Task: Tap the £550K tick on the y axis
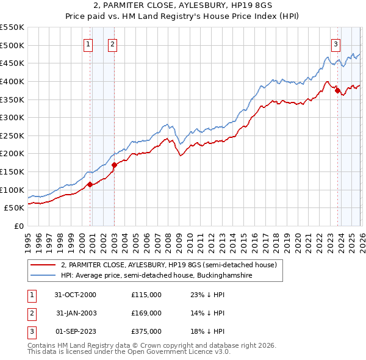tap(12, 27)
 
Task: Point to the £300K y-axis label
tap(12, 117)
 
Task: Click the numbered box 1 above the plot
tap(88, 43)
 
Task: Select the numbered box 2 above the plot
tap(113, 43)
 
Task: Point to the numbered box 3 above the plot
tap(336, 43)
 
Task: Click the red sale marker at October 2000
tap(90, 184)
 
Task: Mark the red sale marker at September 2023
tap(337, 90)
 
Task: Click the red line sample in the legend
tap(44, 265)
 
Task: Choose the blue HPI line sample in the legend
tap(44, 276)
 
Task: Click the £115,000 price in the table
tap(146, 295)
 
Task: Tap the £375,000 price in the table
tap(146, 331)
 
